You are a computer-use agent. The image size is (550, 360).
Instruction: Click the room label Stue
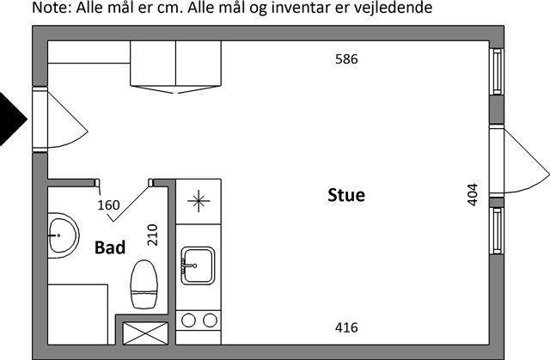346,195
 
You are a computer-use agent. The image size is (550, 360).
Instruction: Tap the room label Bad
110,247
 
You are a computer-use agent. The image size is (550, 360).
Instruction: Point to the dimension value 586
346,59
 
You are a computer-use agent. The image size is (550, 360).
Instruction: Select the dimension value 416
346,327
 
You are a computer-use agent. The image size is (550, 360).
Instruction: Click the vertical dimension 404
473,194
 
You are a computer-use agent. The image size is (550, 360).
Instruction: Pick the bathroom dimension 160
108,205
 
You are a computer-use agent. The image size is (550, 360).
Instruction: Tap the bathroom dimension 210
152,235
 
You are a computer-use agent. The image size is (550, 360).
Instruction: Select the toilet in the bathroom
144,284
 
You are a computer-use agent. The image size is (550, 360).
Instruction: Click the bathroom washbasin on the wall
63,235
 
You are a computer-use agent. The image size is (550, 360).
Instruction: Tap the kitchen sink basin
198,265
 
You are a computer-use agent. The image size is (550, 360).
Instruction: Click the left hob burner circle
188,320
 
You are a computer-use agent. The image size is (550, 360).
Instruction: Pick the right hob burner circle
210,320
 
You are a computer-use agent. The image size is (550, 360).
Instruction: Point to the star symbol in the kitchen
199,201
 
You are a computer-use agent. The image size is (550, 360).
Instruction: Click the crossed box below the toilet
145,333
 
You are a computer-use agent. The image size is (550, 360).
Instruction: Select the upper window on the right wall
497,71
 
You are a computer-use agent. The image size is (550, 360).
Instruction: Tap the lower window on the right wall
497,231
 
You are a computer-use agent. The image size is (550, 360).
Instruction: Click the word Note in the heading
52,8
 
